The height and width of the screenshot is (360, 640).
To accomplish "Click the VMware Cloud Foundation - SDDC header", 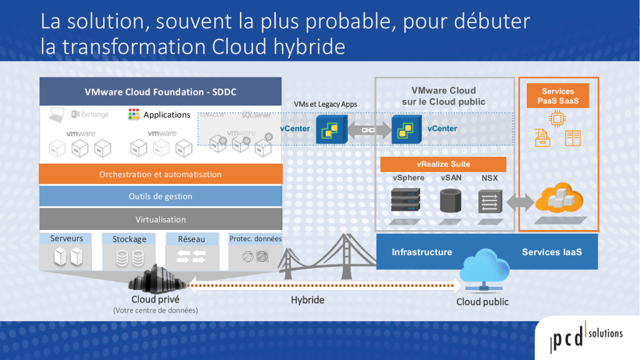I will pyautogui.click(x=160, y=92).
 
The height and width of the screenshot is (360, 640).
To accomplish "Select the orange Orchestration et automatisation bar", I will pyautogui.click(x=160, y=174).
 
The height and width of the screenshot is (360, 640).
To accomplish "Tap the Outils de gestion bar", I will pyautogui.click(x=160, y=196).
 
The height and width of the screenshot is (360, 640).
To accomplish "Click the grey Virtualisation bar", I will pyautogui.click(x=160, y=219).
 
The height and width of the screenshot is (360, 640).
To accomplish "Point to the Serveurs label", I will pyautogui.click(x=67, y=238).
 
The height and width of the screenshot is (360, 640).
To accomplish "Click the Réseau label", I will pyautogui.click(x=191, y=238).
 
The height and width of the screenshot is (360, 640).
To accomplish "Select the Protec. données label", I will pyautogui.click(x=255, y=239).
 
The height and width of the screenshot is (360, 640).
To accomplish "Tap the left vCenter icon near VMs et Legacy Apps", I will pyautogui.click(x=329, y=129).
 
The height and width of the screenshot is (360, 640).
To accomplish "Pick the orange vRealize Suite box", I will pyautogui.click(x=443, y=164).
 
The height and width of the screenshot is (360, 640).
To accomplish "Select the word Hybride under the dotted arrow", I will pyautogui.click(x=307, y=300).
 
